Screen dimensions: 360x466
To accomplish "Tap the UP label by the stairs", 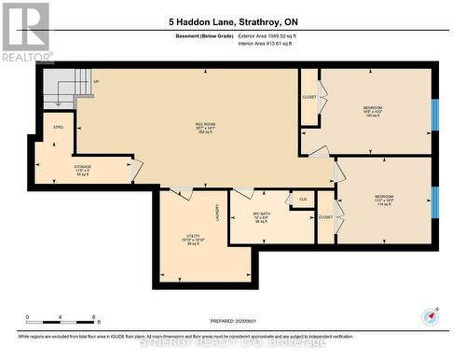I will pyautogui.click(x=96, y=82).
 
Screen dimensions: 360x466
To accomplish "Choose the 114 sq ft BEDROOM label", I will pyautogui.click(x=384, y=201).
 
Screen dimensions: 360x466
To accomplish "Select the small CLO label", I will pyautogui.click(x=303, y=199).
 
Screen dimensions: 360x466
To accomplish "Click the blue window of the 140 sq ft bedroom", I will pyautogui.click(x=434, y=112).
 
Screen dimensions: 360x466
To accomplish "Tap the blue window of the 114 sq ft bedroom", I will pyautogui.click(x=434, y=201).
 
